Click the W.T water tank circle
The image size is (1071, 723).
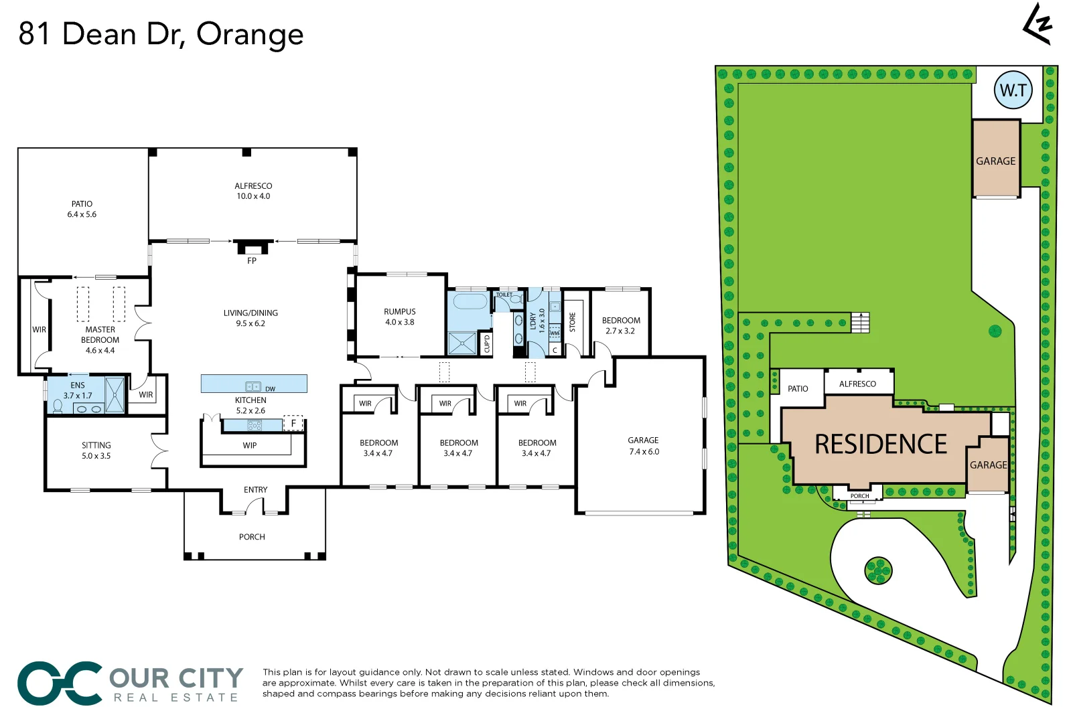point(1013,90)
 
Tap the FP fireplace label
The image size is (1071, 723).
point(252,261)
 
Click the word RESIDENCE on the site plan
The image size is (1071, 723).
point(880,445)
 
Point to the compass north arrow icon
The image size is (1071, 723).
point(1038,25)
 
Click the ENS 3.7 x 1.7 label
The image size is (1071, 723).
point(78,390)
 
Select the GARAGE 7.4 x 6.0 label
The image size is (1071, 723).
point(643,446)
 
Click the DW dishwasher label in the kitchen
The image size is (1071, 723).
point(270,389)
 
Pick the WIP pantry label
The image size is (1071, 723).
point(250,445)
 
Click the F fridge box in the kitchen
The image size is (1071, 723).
point(293,423)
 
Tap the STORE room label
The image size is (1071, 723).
point(573,322)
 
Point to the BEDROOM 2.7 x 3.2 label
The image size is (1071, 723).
point(621,325)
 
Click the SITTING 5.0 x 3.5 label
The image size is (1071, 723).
point(96,451)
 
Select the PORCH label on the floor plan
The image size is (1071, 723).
point(252,537)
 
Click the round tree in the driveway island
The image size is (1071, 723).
point(877,570)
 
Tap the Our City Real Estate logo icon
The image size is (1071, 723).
point(60,684)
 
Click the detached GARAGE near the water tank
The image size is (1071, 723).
point(995,161)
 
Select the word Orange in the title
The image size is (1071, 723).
point(250,35)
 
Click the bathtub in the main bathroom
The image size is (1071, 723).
point(470,301)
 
